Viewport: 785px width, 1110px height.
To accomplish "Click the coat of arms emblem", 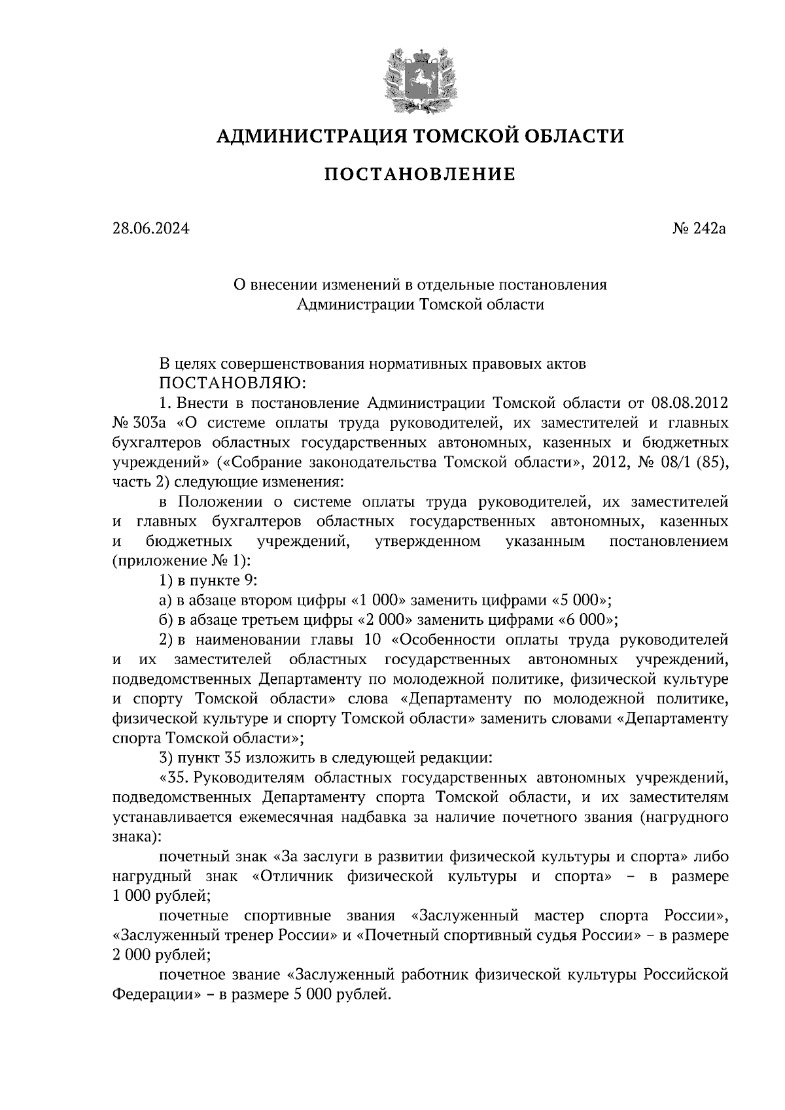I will click(x=419, y=77).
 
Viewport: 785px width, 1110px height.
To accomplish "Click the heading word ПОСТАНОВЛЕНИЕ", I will click(x=419, y=175).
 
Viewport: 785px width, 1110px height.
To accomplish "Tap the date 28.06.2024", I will click(x=150, y=229).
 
